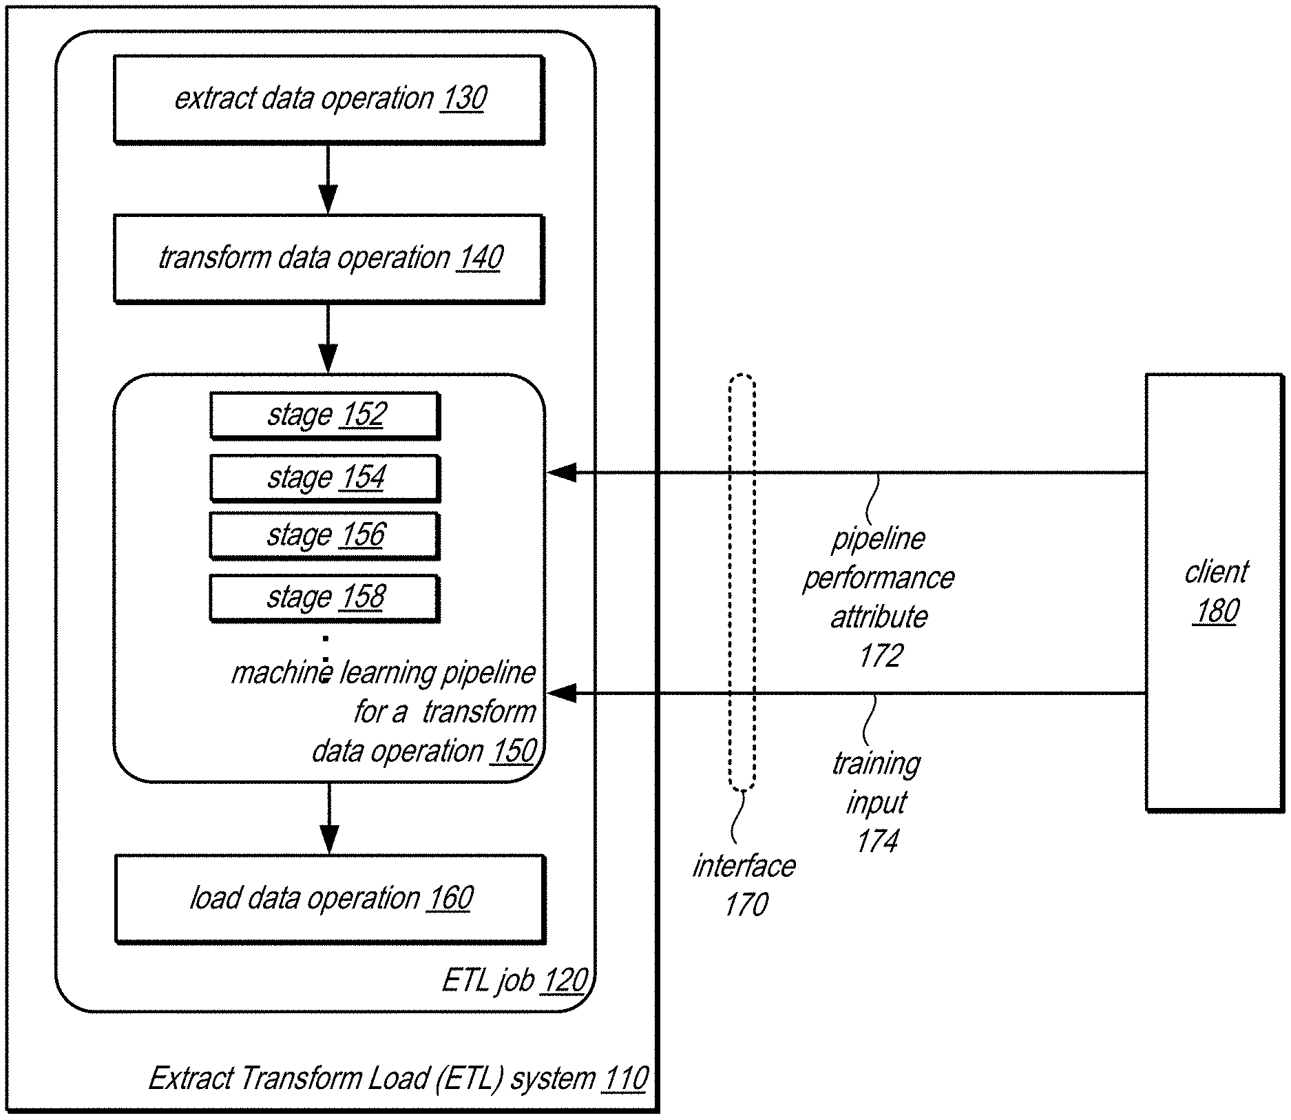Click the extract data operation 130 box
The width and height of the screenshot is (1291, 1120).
[x=329, y=99]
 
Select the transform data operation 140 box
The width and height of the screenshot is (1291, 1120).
[x=329, y=258]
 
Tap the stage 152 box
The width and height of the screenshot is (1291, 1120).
[x=325, y=415]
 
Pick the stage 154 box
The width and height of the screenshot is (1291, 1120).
[x=325, y=478]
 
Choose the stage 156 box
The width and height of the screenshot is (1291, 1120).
[x=325, y=536]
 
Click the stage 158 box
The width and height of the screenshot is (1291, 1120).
[x=325, y=598]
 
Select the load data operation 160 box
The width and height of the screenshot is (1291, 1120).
[x=330, y=899]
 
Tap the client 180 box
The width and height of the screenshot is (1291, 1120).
[x=1215, y=592]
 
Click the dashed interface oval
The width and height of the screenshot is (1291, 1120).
[x=742, y=582]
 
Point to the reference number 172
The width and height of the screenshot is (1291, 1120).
[x=881, y=656]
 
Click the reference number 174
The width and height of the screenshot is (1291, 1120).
[x=878, y=841]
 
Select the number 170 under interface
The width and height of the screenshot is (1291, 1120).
[x=746, y=904]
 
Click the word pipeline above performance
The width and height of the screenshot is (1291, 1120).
[x=879, y=539]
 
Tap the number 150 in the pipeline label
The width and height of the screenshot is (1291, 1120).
[x=513, y=751]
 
